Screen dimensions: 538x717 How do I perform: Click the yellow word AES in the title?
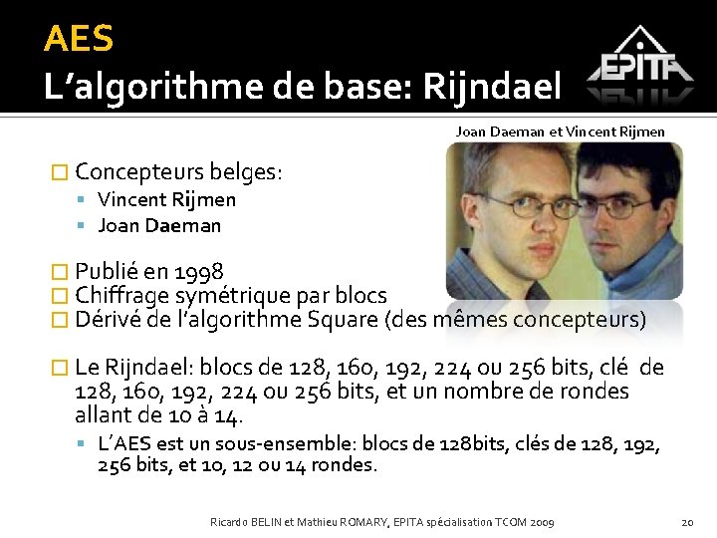coord(79,40)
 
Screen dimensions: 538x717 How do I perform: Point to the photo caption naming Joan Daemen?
coord(560,131)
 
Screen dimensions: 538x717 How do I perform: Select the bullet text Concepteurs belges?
coord(179,171)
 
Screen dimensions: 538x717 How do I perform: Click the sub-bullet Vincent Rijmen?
coord(166,199)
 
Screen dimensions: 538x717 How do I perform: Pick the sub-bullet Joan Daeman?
coord(159,225)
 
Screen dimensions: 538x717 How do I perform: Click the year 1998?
coord(198,271)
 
